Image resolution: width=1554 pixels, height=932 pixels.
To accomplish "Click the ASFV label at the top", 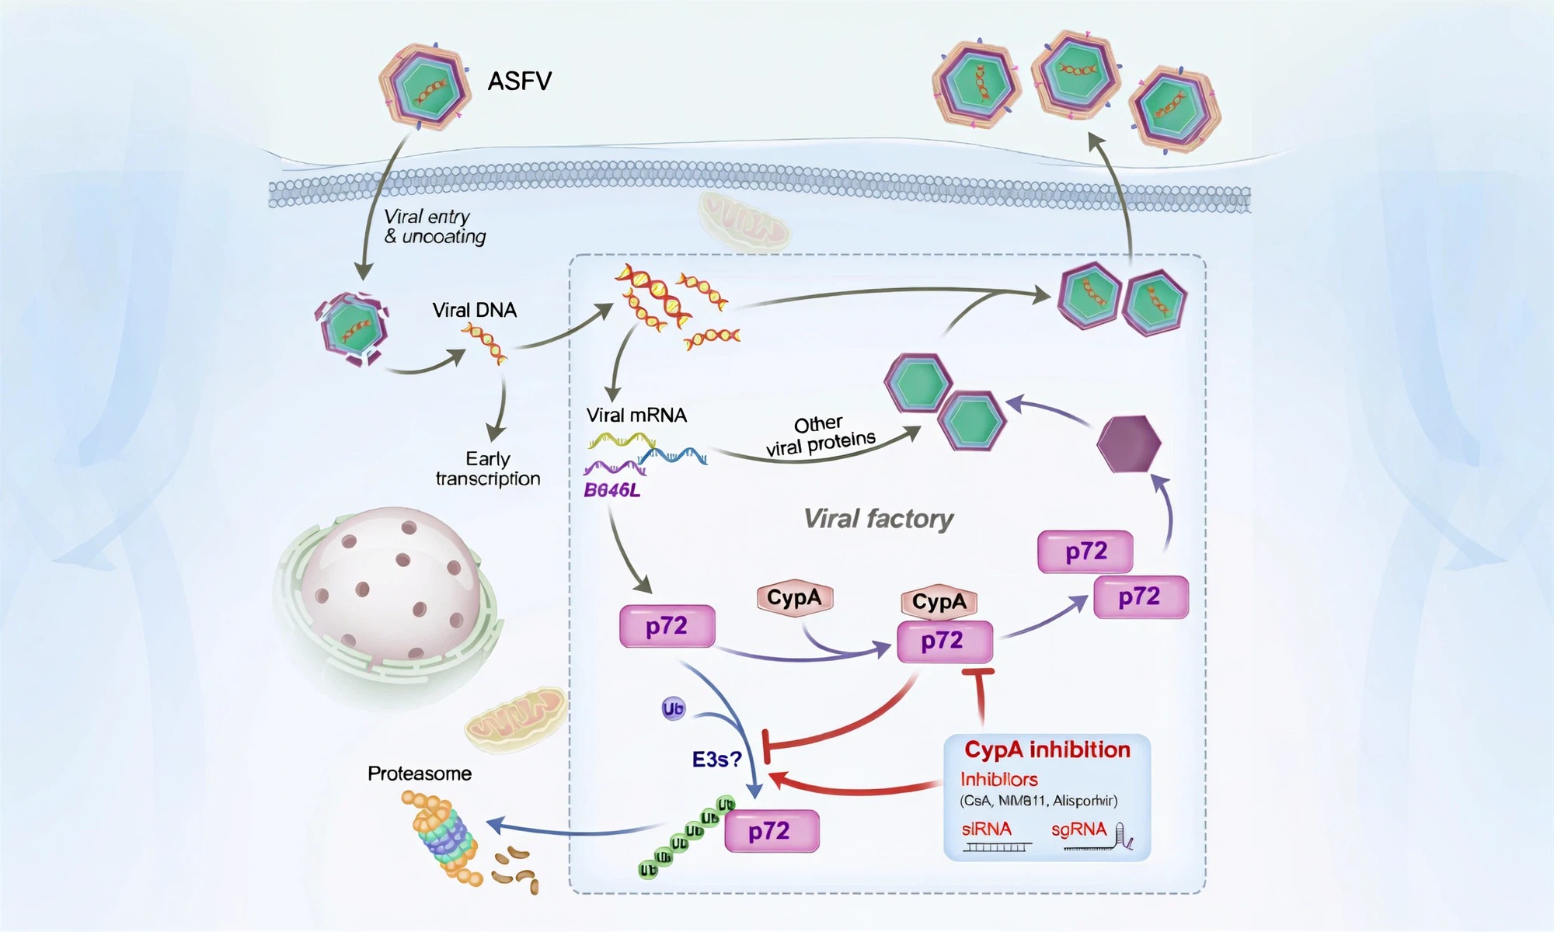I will tap(519, 81).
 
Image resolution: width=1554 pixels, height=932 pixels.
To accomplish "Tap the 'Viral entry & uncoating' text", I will tap(434, 226).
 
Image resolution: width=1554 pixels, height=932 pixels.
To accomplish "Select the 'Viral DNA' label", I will tap(474, 310).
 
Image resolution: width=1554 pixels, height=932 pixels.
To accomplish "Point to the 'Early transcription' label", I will tap(488, 468).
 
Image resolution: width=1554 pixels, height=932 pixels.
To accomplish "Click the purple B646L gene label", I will tap(611, 490).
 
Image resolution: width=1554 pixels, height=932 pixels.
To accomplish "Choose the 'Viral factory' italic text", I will tap(878, 518).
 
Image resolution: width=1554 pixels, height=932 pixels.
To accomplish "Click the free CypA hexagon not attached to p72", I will tap(794, 598).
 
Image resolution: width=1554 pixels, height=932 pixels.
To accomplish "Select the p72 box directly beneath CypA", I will tap(944, 642).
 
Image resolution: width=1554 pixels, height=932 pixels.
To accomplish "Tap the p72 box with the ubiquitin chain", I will tap(771, 831).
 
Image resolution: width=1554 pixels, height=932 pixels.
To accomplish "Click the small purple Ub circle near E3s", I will tap(673, 708).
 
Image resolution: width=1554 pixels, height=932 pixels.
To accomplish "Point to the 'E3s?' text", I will tap(716, 759).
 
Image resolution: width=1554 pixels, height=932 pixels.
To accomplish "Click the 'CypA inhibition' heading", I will tap(1047, 749).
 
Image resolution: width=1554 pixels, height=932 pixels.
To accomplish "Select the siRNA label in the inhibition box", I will tap(987, 829).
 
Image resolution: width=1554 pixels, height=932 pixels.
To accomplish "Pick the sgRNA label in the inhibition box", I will tap(1078, 829).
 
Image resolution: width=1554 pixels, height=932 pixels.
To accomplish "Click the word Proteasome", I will tap(420, 774).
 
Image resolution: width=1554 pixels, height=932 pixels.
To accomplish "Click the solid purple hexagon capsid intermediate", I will tap(1128, 443).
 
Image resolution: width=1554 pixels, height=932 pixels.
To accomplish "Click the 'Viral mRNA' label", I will tap(636, 415).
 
